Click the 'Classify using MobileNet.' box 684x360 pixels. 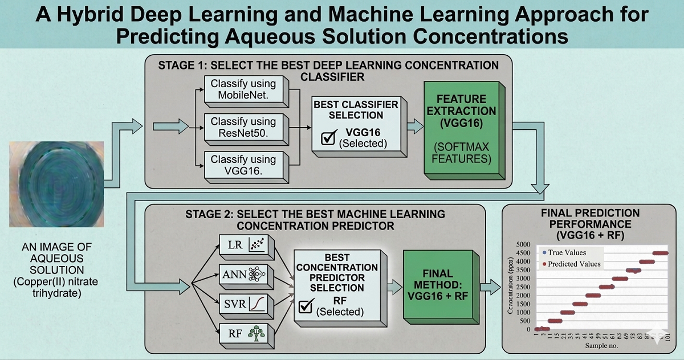pos(243,89)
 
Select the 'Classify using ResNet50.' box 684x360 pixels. pos(243,127)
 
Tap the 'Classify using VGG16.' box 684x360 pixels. pos(243,165)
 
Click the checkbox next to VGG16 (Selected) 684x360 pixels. pos(329,139)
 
